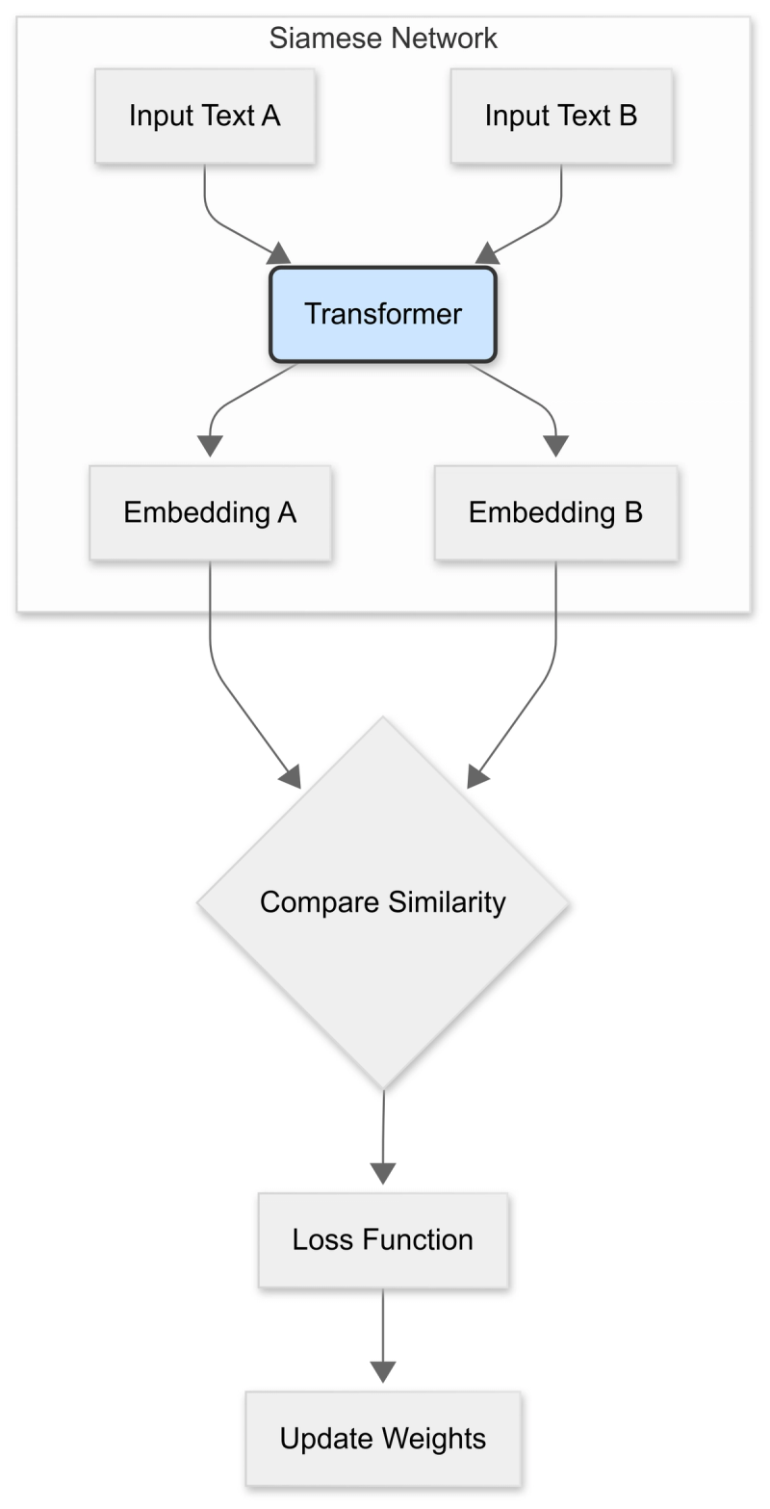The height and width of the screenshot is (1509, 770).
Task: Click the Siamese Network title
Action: pyautogui.click(x=383, y=39)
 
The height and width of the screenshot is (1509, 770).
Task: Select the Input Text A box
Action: pyautogui.click(x=205, y=116)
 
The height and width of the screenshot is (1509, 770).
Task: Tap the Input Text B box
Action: pyautogui.click(x=561, y=116)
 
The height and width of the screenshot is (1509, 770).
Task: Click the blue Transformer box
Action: pyautogui.click(x=383, y=314)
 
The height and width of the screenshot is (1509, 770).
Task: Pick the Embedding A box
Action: pyautogui.click(x=210, y=512)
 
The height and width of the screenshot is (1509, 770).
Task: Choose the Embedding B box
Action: pyautogui.click(x=555, y=512)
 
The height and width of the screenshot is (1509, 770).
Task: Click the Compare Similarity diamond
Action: pyautogui.click(x=383, y=902)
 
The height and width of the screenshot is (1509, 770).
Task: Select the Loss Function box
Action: pyautogui.click(x=383, y=1239)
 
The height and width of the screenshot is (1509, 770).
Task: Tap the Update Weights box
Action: pyautogui.click(x=383, y=1439)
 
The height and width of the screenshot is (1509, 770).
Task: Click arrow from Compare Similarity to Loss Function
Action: pyautogui.click(x=383, y=1136)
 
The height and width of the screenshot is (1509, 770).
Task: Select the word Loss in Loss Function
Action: pyautogui.click(x=318, y=1239)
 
